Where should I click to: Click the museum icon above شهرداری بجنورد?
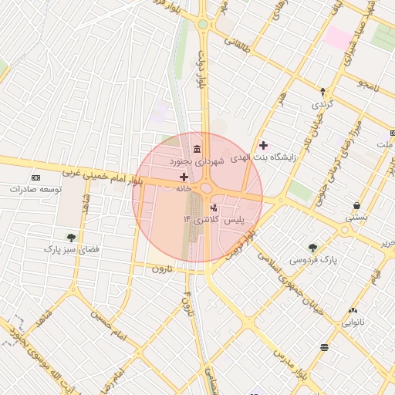[197, 148]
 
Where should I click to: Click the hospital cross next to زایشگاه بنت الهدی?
[264, 145]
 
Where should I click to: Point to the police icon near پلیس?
[214, 207]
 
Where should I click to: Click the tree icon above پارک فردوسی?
[312, 248]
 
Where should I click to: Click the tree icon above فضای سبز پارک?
[72, 238]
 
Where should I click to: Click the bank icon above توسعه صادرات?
[35, 177]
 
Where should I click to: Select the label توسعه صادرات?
[35, 189]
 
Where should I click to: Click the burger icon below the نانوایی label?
[324, 348]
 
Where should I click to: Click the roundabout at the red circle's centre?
[206, 187]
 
